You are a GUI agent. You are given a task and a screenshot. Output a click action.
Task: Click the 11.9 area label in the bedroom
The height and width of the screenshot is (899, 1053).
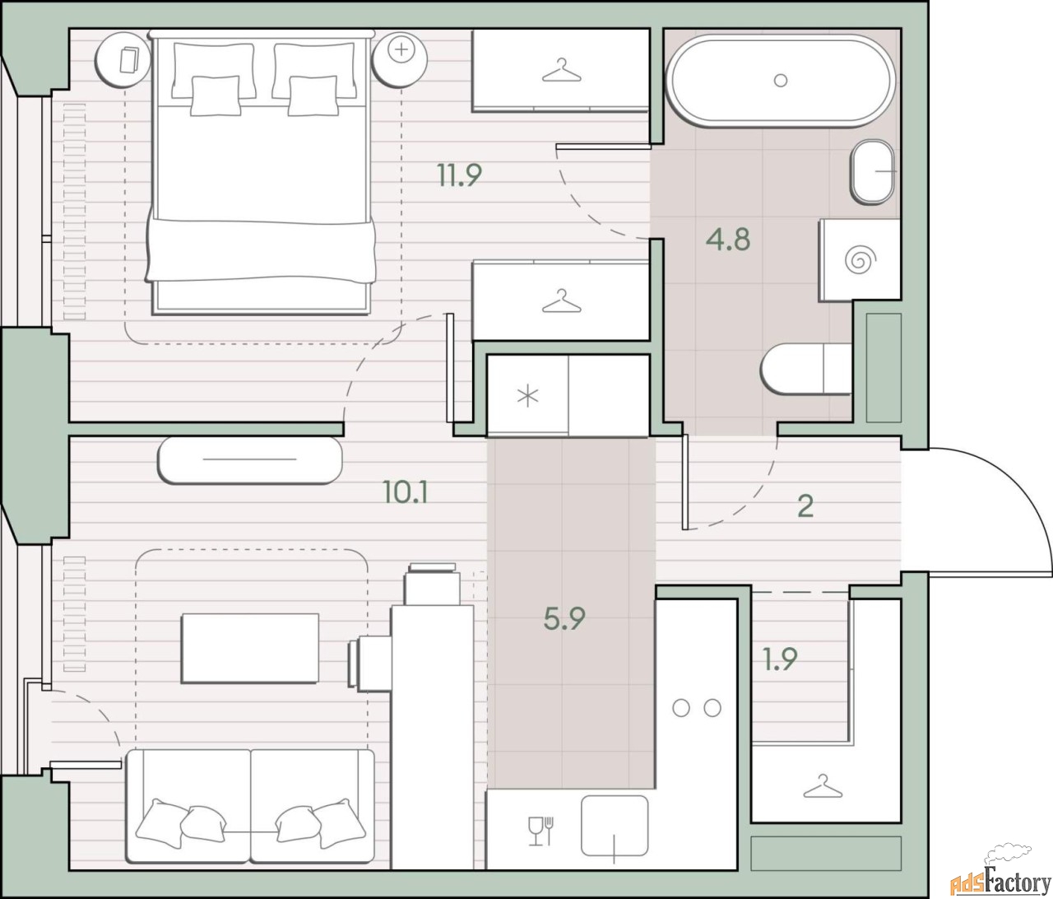tap(460, 175)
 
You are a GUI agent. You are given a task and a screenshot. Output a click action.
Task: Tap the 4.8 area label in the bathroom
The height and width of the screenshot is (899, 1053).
tap(728, 240)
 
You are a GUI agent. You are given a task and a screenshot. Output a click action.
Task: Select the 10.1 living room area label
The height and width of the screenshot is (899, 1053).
tap(406, 493)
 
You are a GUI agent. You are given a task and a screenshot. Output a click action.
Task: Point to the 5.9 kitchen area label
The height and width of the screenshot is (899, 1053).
tap(564, 618)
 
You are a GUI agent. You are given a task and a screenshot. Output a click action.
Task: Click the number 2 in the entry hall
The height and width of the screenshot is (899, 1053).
tap(805, 507)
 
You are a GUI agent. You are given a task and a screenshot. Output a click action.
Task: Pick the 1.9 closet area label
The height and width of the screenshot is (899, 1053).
tap(780, 659)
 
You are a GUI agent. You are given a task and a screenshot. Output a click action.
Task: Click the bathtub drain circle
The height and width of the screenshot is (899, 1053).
tap(781, 80)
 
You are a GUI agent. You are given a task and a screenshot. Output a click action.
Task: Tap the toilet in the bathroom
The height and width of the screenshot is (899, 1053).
tap(806, 368)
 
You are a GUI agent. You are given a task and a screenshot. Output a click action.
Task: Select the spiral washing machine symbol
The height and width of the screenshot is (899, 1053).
tap(860, 261)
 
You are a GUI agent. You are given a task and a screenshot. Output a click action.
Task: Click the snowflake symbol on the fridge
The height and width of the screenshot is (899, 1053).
tap(528, 396)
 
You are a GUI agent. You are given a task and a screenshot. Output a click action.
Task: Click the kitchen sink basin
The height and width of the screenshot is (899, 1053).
tap(615, 826)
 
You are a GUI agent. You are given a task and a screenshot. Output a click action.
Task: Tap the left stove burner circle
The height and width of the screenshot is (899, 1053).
tap(681, 708)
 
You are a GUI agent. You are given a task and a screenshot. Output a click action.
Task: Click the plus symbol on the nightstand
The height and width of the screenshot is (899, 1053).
tap(401, 49)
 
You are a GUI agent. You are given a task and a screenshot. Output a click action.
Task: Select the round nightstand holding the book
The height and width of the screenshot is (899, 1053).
tap(123, 60)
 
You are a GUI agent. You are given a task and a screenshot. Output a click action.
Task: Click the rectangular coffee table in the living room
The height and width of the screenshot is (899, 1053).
tap(250, 648)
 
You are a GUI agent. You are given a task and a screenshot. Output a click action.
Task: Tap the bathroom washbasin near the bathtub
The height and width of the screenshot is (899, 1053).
tap(872, 172)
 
